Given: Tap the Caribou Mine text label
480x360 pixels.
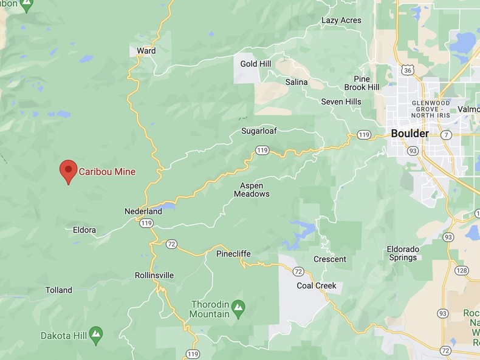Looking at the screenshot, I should tap(107, 172).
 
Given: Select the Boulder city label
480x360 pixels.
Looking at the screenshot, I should tap(410, 134).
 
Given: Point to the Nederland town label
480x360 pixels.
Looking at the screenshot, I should tap(143, 211).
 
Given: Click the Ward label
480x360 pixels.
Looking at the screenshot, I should tap(146, 51).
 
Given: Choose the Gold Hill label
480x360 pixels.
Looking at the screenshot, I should tap(256, 64).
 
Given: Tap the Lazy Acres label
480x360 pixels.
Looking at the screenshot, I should tap(341, 21).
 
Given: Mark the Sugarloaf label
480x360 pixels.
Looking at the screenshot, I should tap(259, 131).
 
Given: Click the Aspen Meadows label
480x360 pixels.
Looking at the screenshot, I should tap(252, 189).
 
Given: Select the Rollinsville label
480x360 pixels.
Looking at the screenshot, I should tap(154, 276).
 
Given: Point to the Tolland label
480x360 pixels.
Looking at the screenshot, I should tap(59, 290).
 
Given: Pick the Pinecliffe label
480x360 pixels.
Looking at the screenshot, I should tap(233, 254).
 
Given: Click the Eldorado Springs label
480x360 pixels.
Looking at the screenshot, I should tap(403, 253).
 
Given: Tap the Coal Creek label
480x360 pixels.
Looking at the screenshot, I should tap(317, 285).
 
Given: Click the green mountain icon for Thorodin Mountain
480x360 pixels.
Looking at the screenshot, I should tap(238, 305).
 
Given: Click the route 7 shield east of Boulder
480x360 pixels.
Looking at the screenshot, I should tap(447, 134).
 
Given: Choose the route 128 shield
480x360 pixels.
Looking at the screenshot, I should tap(461, 271).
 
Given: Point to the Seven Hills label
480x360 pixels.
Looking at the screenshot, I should tap(341, 102).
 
